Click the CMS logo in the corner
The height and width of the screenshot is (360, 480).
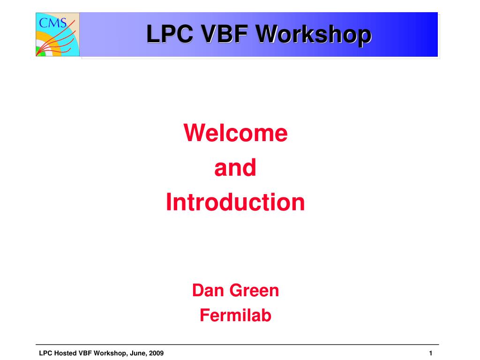point(58,35)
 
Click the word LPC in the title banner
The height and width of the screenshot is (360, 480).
point(170,34)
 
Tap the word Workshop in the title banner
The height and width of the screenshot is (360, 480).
point(314,35)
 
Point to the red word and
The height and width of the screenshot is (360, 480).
point(235,168)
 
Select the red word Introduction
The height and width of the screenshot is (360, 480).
point(235,202)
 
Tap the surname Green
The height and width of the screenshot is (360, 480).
point(255,290)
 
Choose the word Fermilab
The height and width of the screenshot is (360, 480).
point(235,315)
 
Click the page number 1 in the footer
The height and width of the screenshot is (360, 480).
point(431,353)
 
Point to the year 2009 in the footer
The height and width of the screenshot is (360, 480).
point(156,353)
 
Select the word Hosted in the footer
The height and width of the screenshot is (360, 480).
point(66,353)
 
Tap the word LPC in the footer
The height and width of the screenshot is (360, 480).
point(45,353)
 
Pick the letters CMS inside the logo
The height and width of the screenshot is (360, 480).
point(52,22)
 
